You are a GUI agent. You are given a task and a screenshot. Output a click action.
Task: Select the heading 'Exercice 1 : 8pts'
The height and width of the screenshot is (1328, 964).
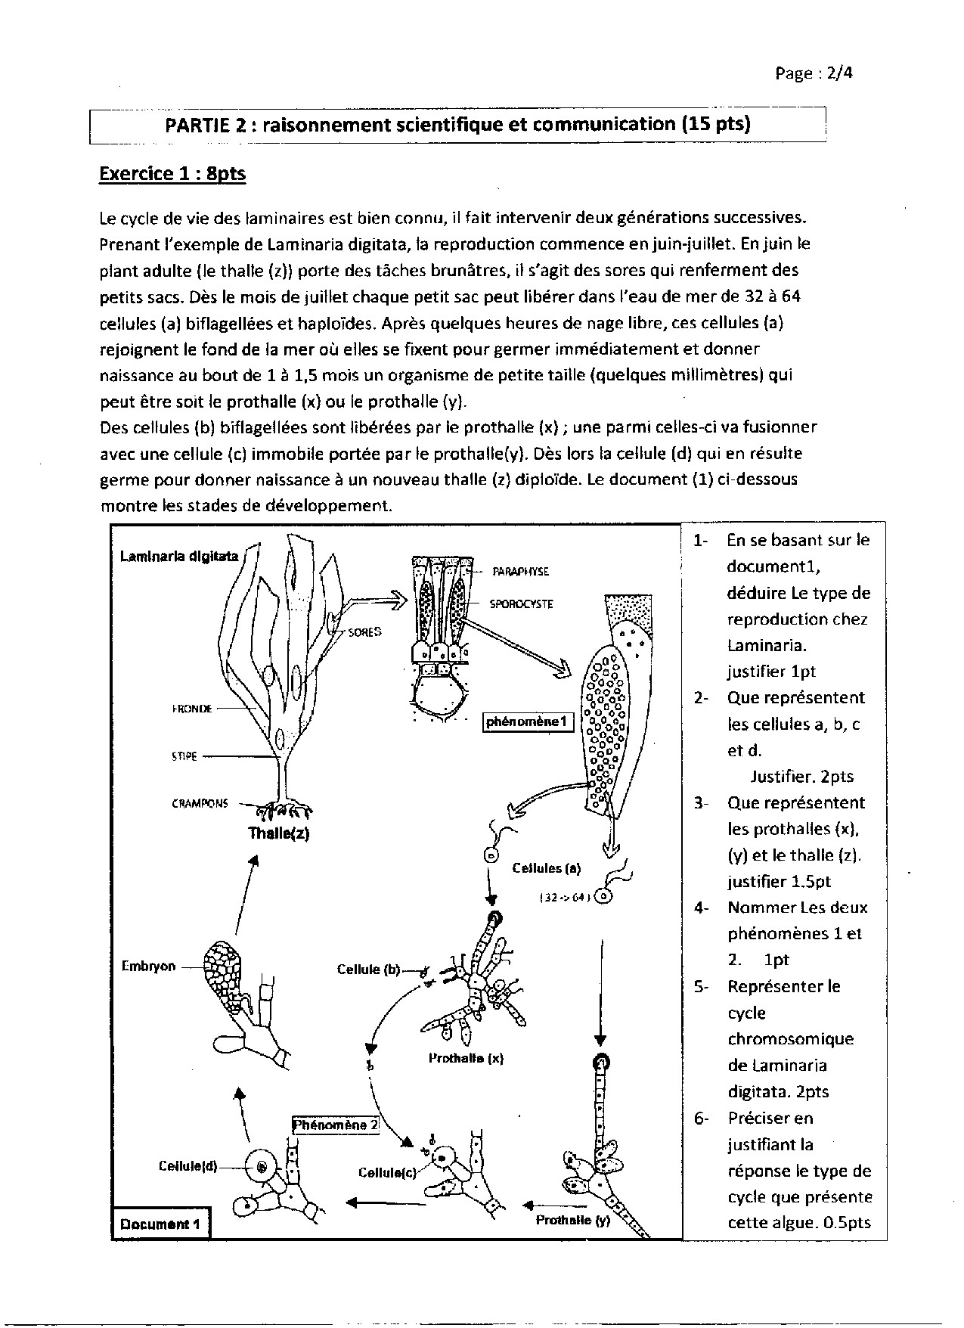(x=172, y=174)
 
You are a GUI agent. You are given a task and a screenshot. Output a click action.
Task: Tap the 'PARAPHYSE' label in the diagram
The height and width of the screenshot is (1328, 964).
(x=520, y=572)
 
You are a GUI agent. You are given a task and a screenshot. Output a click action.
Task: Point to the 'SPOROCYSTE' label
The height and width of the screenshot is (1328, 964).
(x=521, y=604)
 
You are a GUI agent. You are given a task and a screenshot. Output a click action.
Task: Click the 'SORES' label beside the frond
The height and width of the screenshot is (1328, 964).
(x=365, y=631)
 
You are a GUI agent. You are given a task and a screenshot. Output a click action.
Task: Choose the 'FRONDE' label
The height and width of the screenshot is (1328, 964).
(x=193, y=709)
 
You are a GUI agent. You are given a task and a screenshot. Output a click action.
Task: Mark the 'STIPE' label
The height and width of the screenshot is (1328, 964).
(x=184, y=756)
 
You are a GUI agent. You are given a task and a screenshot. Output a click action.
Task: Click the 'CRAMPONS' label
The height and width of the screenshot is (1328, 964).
(x=200, y=804)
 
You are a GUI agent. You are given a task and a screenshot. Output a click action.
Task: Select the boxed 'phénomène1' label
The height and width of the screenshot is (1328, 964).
(x=528, y=721)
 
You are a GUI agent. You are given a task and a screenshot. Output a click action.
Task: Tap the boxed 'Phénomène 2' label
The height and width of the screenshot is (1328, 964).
(x=336, y=1125)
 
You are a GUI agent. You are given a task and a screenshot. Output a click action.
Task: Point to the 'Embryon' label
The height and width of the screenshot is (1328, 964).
(x=148, y=966)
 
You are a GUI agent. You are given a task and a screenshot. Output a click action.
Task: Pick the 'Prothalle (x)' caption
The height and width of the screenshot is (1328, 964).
(x=466, y=1059)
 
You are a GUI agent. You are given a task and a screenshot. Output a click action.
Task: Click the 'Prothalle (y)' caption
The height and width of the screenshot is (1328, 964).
(x=572, y=1220)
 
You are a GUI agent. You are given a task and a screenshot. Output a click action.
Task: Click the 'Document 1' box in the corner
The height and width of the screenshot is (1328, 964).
(x=160, y=1224)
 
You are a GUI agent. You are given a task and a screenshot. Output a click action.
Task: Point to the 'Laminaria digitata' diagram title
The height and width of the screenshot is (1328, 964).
(x=179, y=557)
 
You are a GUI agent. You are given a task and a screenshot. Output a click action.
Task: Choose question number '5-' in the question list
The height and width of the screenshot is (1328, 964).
(x=700, y=987)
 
